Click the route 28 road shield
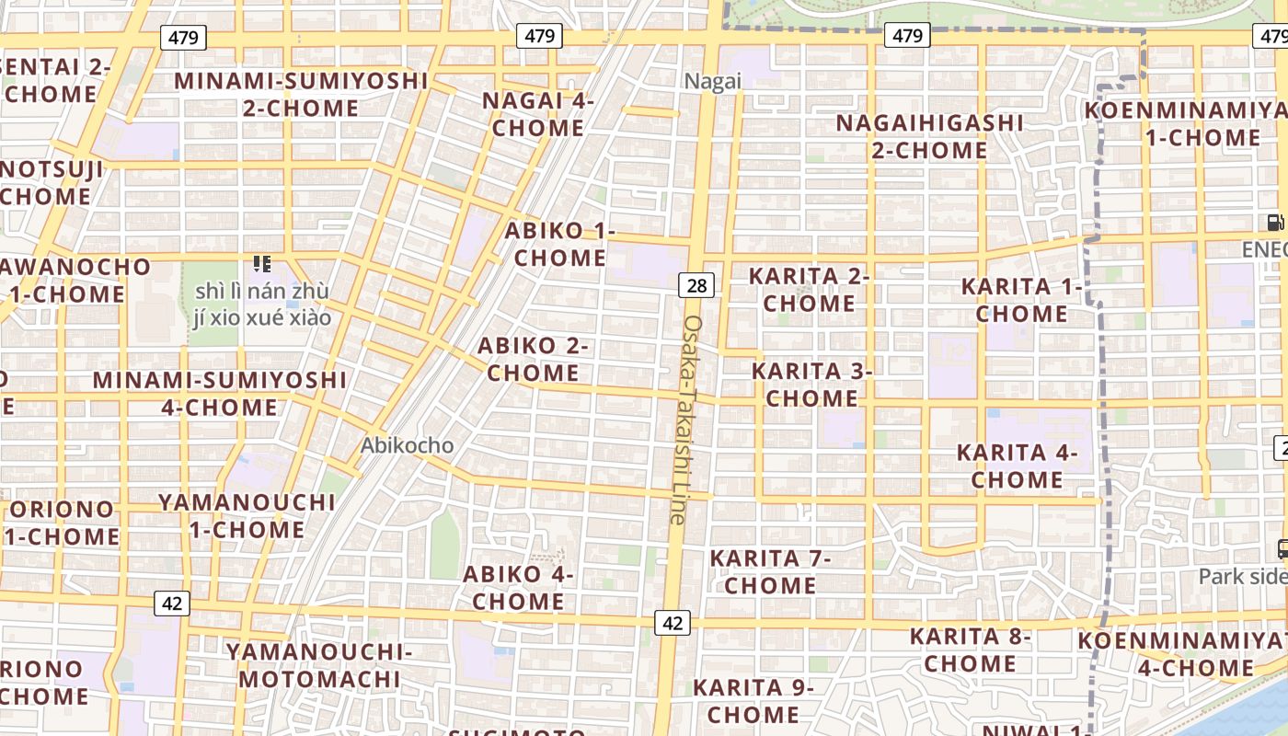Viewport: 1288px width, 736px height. point(696,285)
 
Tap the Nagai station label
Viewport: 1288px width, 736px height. point(712,81)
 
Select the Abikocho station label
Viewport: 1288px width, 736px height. point(407,445)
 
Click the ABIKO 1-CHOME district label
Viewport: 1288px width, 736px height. point(559,244)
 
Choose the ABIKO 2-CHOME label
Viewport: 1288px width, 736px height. point(534,359)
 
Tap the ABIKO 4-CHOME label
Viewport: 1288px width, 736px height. point(518,588)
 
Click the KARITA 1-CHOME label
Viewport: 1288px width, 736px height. point(1021,300)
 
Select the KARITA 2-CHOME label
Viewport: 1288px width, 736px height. point(810,289)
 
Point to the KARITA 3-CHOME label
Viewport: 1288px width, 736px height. point(811,385)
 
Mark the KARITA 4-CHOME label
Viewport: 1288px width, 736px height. point(1017,466)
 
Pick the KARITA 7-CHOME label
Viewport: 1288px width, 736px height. point(770,571)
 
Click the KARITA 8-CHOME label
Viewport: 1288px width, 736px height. point(971,650)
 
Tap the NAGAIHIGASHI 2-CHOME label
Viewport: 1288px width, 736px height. point(929,135)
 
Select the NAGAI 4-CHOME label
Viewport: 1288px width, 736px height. point(538,114)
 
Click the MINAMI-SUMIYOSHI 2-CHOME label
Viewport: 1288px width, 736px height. point(301,94)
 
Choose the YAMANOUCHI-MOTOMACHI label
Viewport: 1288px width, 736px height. point(319,666)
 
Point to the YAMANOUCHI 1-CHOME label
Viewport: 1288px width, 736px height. point(247,515)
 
